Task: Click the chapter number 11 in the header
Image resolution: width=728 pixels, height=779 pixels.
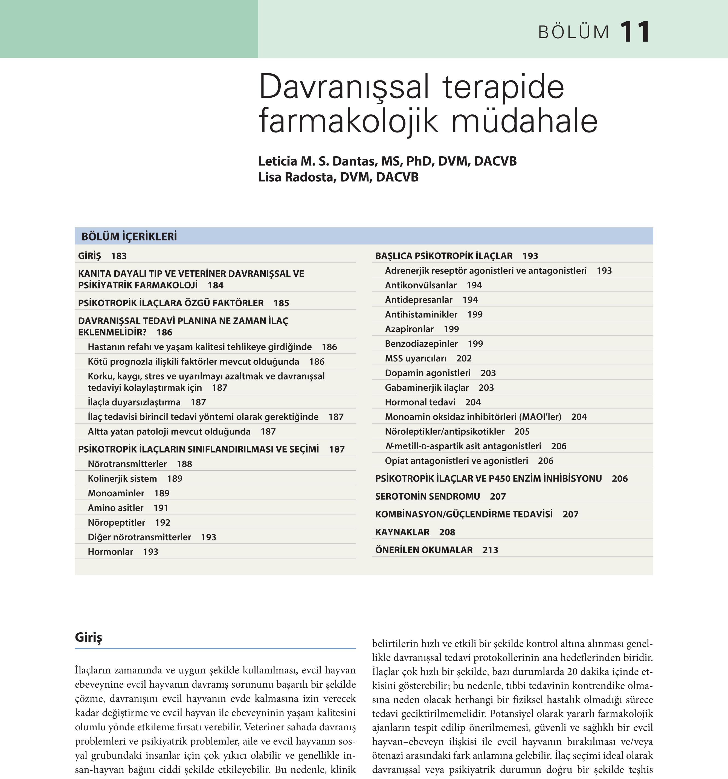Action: pos(635,32)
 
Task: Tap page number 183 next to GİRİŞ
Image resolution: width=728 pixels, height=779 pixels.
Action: pos(119,256)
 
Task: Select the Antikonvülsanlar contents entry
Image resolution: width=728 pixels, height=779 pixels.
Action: pos(420,285)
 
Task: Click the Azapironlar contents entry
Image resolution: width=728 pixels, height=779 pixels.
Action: pos(409,329)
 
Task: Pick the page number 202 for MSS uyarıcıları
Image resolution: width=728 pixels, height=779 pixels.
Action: pos(464,358)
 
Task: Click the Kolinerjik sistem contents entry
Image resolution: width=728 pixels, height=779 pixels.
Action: pos(122,479)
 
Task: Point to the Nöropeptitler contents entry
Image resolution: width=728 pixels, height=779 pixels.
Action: pos(116,523)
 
